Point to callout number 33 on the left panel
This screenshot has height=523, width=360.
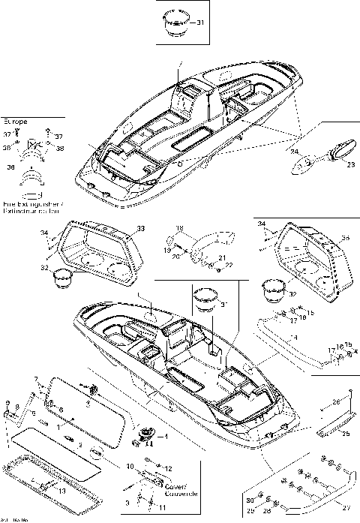[140, 228]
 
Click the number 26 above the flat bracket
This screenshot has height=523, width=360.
[337, 402]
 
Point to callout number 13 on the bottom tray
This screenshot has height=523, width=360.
[62, 491]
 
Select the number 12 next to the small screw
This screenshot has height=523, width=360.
[168, 467]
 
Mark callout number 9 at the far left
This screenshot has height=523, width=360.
[7, 405]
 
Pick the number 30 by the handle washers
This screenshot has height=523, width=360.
[250, 500]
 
